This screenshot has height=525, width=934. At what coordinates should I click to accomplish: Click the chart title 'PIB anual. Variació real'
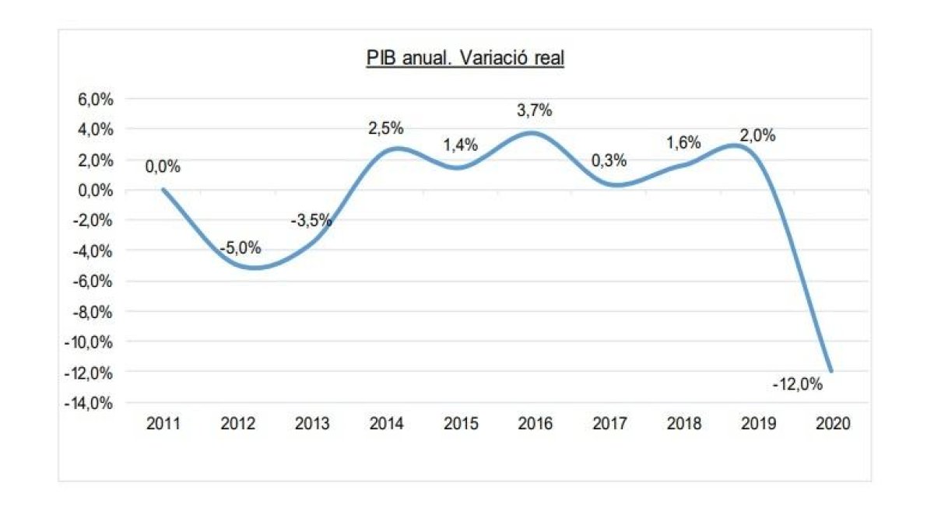[x=465, y=60]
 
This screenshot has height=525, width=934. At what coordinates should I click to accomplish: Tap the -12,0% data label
[x=798, y=383]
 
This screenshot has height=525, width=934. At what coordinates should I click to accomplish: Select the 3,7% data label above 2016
[x=535, y=110]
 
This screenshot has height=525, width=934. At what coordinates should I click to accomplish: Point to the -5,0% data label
[x=240, y=249]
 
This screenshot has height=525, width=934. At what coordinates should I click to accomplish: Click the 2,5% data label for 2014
[x=386, y=128]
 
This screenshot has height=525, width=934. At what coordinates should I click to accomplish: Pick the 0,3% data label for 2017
[x=610, y=161]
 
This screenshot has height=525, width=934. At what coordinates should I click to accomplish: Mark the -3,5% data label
[x=311, y=220]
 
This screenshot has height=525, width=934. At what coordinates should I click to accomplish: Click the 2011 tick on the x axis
[x=163, y=424]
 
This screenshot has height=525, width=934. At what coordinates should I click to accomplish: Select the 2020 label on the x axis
[x=832, y=424]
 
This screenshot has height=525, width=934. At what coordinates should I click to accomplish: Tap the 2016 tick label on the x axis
[x=535, y=424]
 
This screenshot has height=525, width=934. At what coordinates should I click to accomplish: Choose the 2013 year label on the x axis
[x=312, y=424]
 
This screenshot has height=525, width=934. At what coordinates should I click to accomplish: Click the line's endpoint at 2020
[x=831, y=371]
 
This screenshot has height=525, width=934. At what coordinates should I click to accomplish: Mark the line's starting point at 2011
[x=163, y=190]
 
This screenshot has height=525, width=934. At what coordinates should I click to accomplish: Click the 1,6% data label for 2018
[x=684, y=143]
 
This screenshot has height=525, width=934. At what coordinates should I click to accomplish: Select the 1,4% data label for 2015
[x=461, y=145]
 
